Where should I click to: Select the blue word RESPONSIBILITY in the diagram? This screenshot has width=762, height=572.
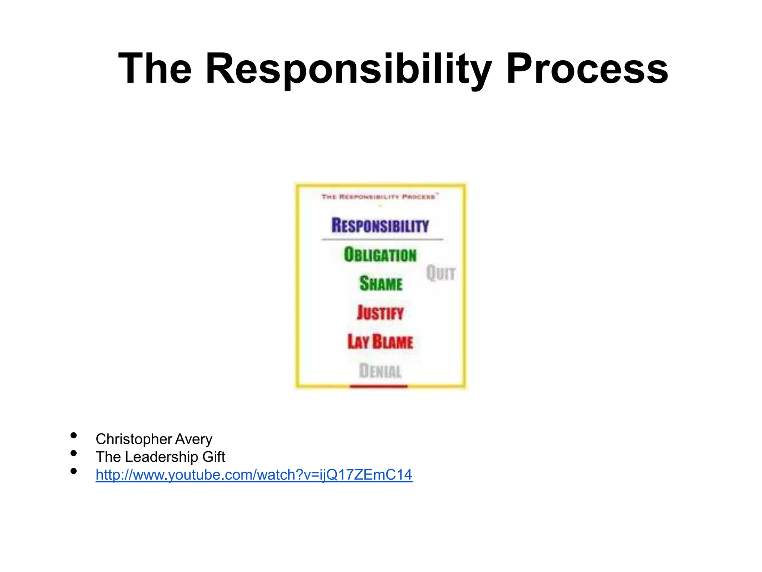coord(380,226)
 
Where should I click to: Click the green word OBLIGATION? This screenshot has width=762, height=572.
coord(380,255)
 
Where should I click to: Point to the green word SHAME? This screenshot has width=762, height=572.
coord(381,284)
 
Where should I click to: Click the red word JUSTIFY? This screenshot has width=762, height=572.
coord(380,313)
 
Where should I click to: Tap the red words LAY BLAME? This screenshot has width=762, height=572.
coord(380,342)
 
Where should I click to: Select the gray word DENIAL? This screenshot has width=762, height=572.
coord(380,371)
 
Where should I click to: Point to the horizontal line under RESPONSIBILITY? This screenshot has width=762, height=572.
coord(382,239)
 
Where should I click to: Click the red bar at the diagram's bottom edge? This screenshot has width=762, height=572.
coord(378,387)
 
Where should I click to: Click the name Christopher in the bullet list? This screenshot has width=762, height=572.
coord(134,439)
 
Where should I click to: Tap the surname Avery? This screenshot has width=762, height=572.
coord(193,439)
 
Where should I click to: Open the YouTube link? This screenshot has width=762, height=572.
coord(254,475)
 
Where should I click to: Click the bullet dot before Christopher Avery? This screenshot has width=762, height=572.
coord(74,435)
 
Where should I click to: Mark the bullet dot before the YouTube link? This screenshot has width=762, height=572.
coord(74,471)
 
